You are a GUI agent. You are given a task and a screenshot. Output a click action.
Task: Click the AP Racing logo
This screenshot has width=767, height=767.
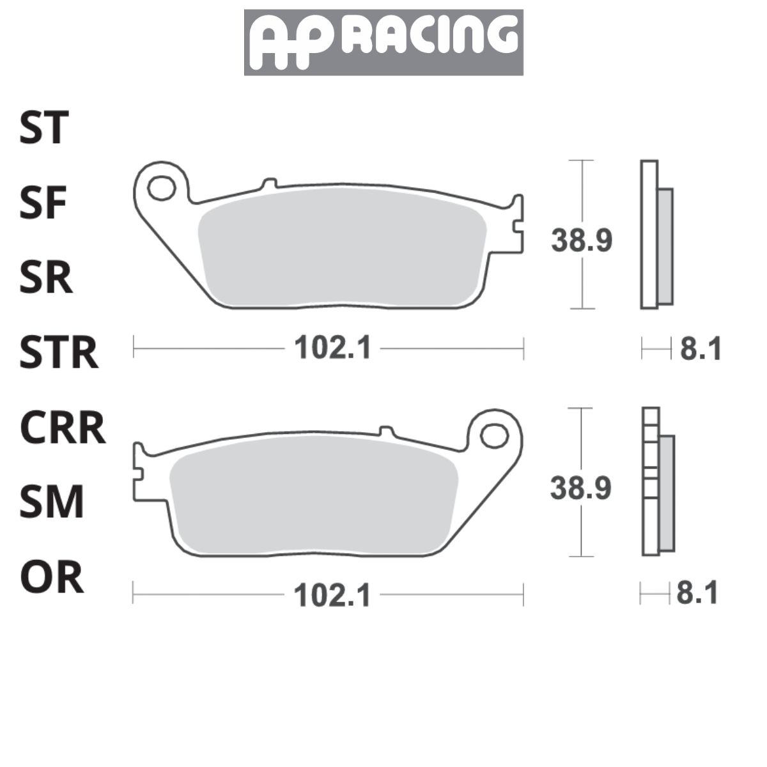[383, 42]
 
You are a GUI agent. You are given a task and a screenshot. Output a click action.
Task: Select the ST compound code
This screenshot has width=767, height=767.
[43, 128]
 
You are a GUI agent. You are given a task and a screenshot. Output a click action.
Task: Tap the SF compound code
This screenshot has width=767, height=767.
[43, 203]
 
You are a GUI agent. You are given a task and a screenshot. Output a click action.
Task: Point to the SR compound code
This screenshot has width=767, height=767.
[45, 278]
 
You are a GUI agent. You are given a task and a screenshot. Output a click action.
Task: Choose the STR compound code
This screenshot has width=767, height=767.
[59, 353]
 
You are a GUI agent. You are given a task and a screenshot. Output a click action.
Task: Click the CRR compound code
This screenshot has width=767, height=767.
[62, 428]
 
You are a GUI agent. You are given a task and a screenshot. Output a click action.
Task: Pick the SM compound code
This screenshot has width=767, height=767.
[51, 502]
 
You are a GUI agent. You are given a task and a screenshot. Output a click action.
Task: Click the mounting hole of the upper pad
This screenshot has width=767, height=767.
[160, 189]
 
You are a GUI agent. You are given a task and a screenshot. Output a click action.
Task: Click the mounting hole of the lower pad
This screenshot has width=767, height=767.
[494, 436]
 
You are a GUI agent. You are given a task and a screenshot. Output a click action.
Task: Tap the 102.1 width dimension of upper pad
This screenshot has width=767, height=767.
[332, 349]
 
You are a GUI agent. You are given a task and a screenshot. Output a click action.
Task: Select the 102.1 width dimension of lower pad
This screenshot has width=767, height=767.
[332, 596]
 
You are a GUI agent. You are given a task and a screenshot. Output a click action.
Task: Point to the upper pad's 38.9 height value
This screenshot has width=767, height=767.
[582, 241]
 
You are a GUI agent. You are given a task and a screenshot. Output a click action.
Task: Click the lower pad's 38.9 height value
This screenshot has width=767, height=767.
[581, 488]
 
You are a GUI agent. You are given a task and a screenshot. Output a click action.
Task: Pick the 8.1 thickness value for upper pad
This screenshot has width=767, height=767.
[700, 350]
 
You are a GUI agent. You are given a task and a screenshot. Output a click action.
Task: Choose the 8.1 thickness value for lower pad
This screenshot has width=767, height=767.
[697, 594]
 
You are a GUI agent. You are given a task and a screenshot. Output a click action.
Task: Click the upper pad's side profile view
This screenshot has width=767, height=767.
[656, 235]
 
